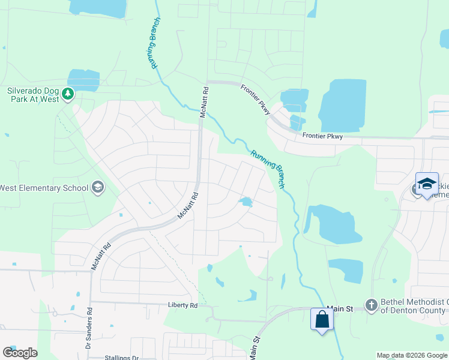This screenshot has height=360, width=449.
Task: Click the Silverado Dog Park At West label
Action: (32, 95)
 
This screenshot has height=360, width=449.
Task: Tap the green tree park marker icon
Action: (68, 93)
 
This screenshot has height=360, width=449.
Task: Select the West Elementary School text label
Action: (44, 188)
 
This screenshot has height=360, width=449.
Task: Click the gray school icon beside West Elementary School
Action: (97, 188)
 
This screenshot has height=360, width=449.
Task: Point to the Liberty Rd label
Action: (182, 305)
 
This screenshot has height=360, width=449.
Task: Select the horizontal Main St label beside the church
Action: (340, 308)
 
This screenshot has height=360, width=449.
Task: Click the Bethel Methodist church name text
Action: (414, 306)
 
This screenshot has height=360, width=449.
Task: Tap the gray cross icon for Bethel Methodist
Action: (372, 306)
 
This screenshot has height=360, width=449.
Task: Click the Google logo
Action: (20, 353)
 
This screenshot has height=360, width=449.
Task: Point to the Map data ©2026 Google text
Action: (412, 355)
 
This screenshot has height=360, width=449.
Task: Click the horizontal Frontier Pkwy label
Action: (322, 136)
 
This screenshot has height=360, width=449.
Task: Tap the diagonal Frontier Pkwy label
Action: (256, 97)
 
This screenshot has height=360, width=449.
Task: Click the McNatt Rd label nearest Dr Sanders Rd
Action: (101, 256)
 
